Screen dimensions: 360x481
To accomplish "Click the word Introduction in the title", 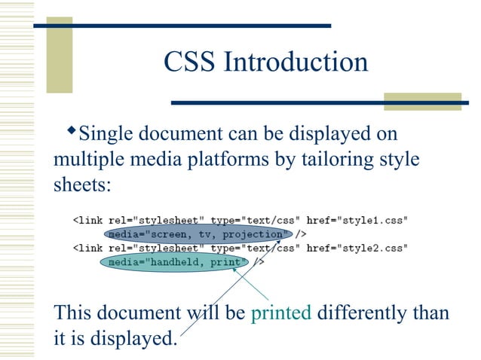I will [295, 63].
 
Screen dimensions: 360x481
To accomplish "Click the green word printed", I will [280, 313].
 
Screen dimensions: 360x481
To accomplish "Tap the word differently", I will [362, 313].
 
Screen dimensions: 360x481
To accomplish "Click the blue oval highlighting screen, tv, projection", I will [198, 234].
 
